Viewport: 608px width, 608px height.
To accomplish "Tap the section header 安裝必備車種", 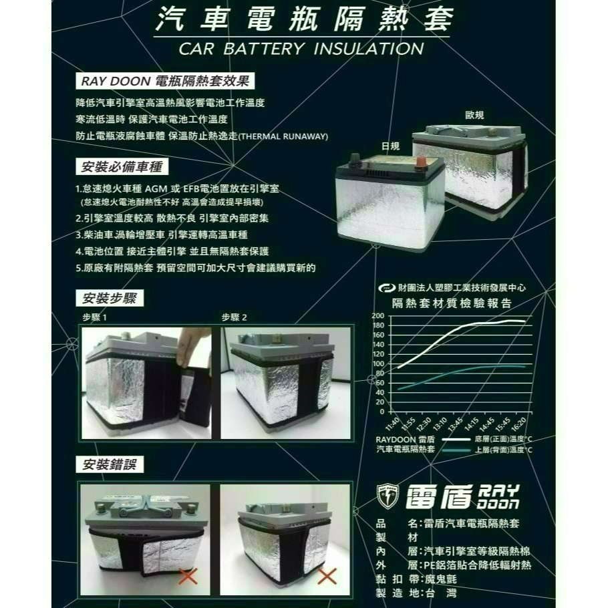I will coord(122,166).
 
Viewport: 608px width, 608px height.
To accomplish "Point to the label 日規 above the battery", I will coord(390,146).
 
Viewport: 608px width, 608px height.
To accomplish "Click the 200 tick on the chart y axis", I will coord(377,315).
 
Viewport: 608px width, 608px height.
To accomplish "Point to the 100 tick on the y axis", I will coord(377,363).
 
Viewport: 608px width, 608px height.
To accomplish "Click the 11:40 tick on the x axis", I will coord(392,422).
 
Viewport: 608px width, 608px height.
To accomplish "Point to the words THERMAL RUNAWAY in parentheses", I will coord(283,136).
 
